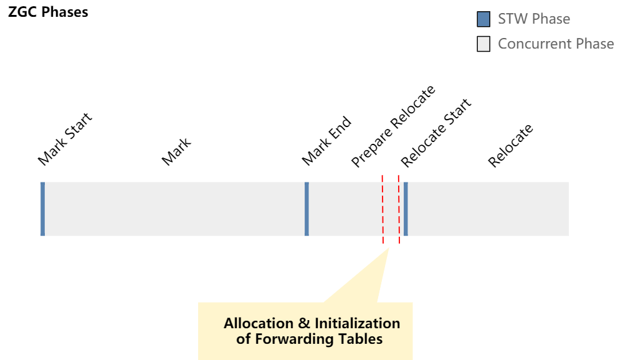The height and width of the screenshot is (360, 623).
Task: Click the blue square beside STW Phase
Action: tap(483, 19)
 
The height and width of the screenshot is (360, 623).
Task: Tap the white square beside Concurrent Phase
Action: tap(483, 44)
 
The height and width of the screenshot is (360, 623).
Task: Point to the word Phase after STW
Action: tap(551, 19)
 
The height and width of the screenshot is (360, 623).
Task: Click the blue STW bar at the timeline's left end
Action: tap(42, 209)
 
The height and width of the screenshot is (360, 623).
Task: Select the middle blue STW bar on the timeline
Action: tap(307, 209)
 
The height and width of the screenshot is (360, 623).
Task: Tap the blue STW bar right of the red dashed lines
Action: tap(406, 209)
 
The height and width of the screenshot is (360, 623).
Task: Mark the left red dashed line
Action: tap(383, 209)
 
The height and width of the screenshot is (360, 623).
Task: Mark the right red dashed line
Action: tap(398, 209)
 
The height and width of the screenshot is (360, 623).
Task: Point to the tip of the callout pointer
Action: tap(389, 249)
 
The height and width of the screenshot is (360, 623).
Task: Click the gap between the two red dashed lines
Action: tap(391, 209)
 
